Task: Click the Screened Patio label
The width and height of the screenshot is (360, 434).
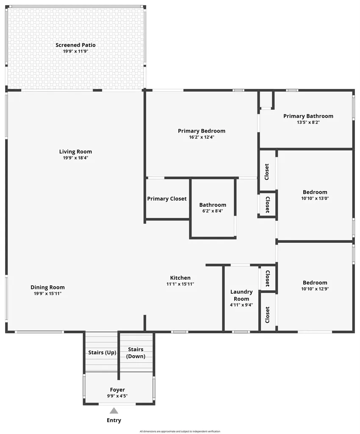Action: pos(75,45)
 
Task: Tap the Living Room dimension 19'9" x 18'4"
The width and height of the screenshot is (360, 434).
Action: pos(75,158)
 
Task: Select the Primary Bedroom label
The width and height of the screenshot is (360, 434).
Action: pos(202,131)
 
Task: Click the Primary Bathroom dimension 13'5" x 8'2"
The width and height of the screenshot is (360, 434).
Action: pos(308,122)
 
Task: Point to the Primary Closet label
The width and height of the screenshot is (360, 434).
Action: pos(167,199)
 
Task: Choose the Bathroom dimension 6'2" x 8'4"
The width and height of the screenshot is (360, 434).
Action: pos(213,211)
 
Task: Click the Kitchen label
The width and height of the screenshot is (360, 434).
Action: pos(180,278)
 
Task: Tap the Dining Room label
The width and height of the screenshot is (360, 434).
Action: pos(47,287)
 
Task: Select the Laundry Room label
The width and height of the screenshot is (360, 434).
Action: pos(241,295)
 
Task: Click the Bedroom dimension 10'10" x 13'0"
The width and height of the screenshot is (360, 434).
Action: pos(315,198)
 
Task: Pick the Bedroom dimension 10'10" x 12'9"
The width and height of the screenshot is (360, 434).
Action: pos(315,289)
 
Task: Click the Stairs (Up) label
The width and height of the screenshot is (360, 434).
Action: pos(102,353)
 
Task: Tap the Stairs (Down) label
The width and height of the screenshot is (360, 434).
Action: pos(136,353)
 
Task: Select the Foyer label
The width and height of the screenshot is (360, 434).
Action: pos(117,390)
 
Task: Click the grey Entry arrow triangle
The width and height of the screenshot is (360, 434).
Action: pos(114,410)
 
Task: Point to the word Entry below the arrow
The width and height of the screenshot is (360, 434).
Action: pos(114,420)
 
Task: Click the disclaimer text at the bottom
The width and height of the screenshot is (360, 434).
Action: pos(180,431)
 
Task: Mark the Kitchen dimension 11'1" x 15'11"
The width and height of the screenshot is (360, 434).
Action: pos(180,284)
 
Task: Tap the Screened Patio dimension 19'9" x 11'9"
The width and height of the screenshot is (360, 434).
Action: pos(75,51)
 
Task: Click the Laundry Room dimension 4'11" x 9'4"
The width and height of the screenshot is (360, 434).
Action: pos(241,305)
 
